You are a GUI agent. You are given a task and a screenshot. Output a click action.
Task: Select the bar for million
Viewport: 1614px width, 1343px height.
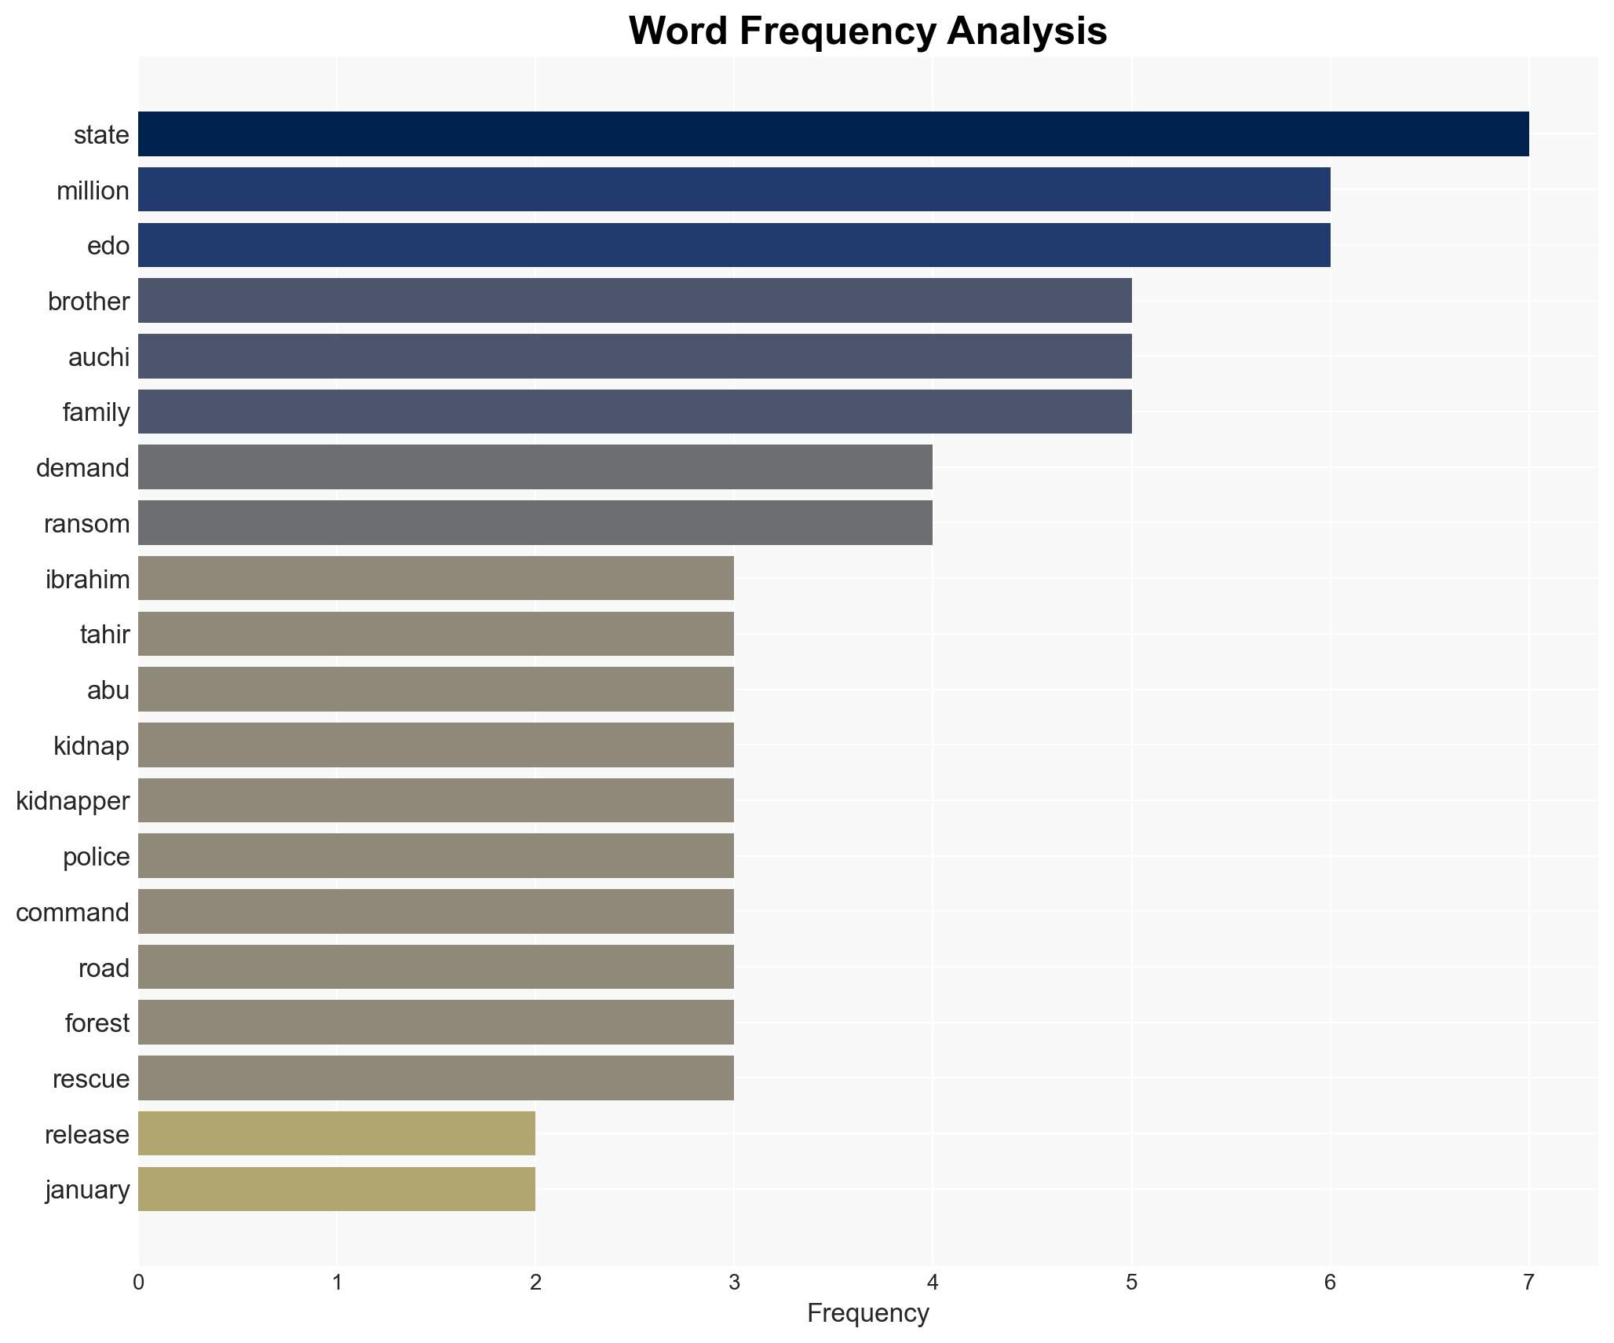(x=734, y=189)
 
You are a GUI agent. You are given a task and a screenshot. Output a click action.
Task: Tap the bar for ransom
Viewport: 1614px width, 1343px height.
(x=535, y=523)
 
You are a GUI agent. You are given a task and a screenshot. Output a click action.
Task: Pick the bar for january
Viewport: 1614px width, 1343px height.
(x=336, y=1189)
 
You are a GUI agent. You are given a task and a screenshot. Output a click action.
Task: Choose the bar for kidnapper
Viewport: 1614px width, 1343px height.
(x=436, y=800)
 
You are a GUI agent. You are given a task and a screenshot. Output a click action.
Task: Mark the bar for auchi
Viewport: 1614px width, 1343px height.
(x=634, y=357)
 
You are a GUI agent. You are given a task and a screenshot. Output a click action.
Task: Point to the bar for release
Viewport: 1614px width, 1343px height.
(x=336, y=1133)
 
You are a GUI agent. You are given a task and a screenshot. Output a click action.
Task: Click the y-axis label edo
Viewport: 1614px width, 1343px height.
(x=108, y=246)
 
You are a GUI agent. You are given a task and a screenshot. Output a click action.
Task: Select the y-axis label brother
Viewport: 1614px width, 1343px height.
(x=89, y=302)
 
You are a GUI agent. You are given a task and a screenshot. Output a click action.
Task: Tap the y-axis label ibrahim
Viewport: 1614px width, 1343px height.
(x=87, y=579)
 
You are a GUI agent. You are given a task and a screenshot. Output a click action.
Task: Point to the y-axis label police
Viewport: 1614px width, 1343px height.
(x=96, y=857)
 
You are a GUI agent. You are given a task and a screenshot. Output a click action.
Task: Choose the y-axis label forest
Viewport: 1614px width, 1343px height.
(x=97, y=1023)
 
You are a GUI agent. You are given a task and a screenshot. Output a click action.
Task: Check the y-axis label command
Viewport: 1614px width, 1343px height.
(x=72, y=913)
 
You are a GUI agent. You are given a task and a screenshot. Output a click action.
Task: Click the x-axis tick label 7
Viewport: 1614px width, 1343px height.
(x=1528, y=1283)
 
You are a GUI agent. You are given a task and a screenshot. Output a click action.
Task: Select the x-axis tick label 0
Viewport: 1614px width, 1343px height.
(x=138, y=1283)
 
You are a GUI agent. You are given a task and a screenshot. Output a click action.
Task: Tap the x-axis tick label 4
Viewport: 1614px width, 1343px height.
(x=932, y=1283)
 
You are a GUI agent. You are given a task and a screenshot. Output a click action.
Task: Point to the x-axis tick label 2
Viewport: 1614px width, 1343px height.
(x=535, y=1283)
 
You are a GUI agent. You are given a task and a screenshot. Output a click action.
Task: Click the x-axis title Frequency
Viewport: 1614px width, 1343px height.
(x=867, y=1313)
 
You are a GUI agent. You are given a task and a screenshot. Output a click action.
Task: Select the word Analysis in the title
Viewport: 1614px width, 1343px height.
(x=1027, y=31)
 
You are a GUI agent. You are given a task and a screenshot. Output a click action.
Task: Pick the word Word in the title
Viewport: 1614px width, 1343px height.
(x=677, y=31)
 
